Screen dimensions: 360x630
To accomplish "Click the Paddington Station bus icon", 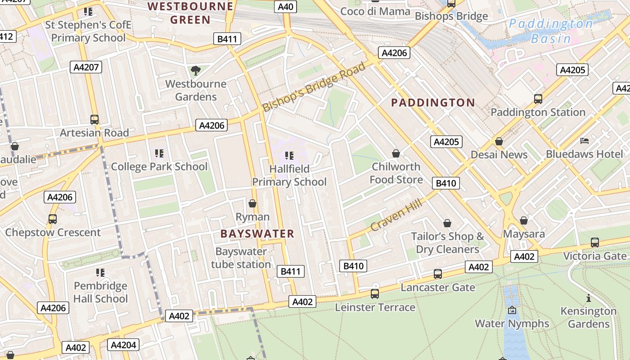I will click(538, 99).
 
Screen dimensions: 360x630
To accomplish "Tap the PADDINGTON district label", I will click(433, 103).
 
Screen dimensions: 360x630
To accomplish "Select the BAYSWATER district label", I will click(257, 234).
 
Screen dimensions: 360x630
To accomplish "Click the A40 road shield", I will click(286, 7).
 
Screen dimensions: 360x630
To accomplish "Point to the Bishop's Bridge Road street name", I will click(314, 87).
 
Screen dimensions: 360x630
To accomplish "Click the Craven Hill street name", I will click(396, 215).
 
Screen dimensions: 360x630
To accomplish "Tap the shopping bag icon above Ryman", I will click(252, 203).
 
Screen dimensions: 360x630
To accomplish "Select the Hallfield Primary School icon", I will click(289, 156).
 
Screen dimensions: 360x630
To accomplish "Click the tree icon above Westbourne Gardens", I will click(195, 70).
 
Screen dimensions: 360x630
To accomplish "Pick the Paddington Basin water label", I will click(551, 31).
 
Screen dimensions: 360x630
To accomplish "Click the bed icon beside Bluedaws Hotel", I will click(585, 141).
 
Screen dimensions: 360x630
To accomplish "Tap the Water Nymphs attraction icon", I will click(512, 310).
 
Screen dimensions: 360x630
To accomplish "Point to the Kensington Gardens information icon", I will click(588, 298).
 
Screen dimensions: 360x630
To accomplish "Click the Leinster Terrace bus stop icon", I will click(375, 294).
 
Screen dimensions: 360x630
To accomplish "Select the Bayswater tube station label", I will click(241, 258).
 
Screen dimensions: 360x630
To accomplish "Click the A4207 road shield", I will click(86, 67).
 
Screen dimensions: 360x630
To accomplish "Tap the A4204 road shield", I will click(123, 345).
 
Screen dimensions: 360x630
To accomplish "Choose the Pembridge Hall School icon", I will click(100, 273).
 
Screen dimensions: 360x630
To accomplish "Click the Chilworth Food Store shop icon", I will click(396, 153).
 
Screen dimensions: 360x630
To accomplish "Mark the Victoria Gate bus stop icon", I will click(594, 243).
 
